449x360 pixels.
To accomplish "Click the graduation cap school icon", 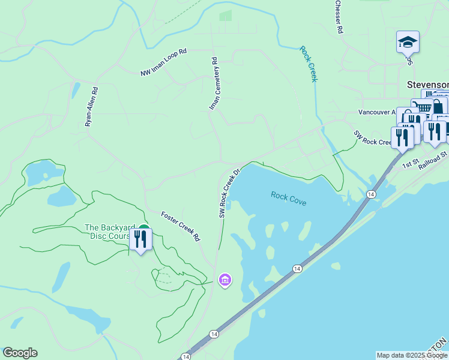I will point(408,43).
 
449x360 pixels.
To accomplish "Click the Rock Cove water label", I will point(288,199).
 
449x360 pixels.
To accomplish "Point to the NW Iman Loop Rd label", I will point(164,63).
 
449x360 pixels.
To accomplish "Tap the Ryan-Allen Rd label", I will point(91,106).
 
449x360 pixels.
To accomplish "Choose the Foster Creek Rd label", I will point(180,226).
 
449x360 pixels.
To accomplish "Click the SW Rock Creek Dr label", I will point(229,193).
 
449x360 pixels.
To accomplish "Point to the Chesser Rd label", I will point(339,16).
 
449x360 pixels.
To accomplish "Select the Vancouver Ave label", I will point(377,112).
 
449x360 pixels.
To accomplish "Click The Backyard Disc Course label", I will point(107,232).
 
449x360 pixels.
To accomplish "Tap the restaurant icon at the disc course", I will point(141,239).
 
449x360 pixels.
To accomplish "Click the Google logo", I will point(20,353).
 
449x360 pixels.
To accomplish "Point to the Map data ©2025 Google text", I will point(412,355).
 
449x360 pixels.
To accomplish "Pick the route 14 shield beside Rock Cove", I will point(371,194).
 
